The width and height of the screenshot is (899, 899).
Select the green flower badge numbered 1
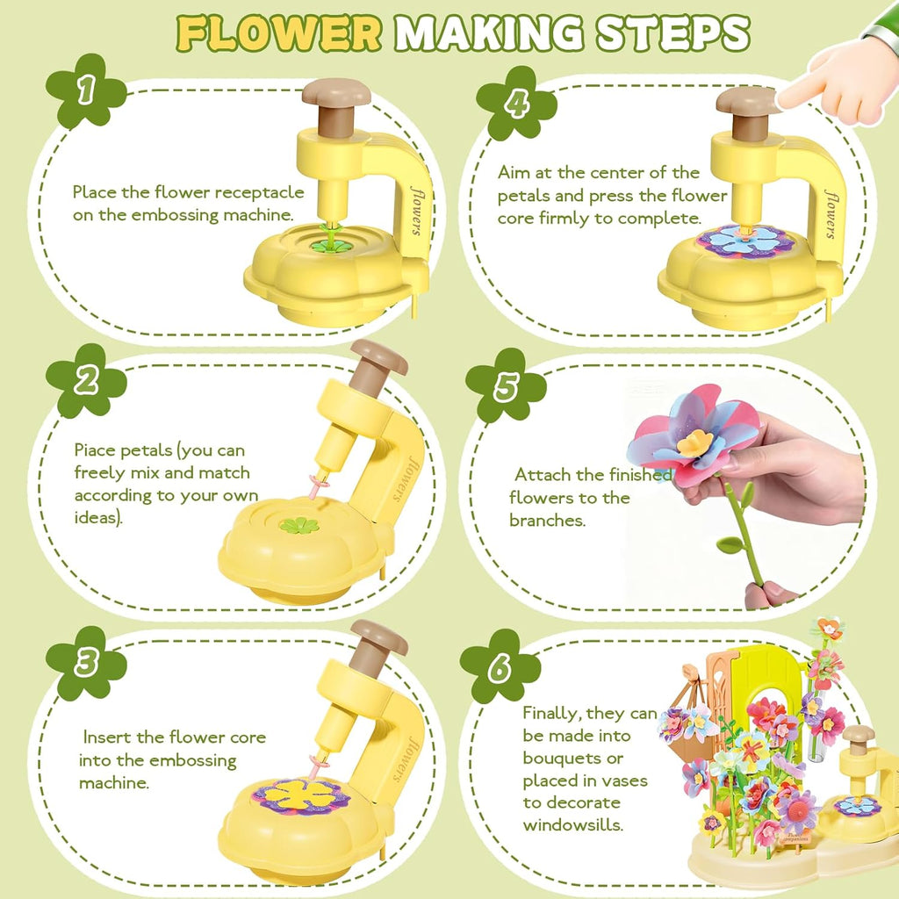point(85,90)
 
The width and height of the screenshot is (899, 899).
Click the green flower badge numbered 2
point(85,380)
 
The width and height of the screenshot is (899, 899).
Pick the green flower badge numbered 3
point(85,663)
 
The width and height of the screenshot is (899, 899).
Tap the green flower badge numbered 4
point(516,103)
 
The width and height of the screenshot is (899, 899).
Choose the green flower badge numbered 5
point(505,386)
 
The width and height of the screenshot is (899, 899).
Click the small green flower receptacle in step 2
point(299,526)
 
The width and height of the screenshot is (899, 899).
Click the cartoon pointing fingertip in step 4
point(787,98)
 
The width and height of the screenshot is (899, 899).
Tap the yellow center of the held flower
point(694,442)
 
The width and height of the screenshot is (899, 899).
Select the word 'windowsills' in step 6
point(572,824)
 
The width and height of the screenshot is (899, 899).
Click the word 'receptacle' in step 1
point(263,192)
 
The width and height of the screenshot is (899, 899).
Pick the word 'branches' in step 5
point(547,520)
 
